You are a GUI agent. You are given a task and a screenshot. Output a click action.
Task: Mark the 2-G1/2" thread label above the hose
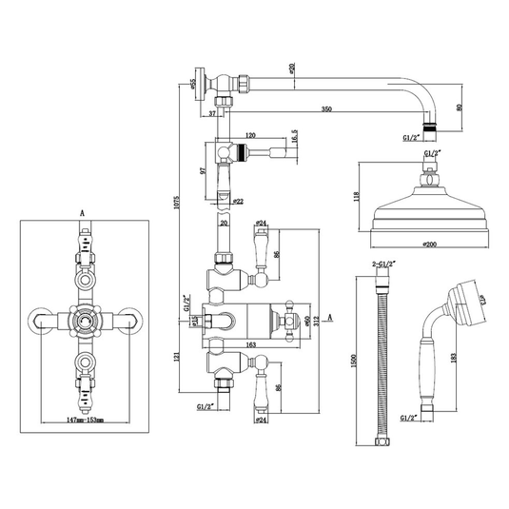[x=384, y=263]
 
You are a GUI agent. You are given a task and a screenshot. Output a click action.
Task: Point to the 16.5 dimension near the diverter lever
[x=295, y=138]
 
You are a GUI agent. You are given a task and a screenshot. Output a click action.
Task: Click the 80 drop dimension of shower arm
[x=460, y=108]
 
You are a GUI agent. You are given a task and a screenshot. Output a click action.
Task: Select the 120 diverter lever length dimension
[x=252, y=136]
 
